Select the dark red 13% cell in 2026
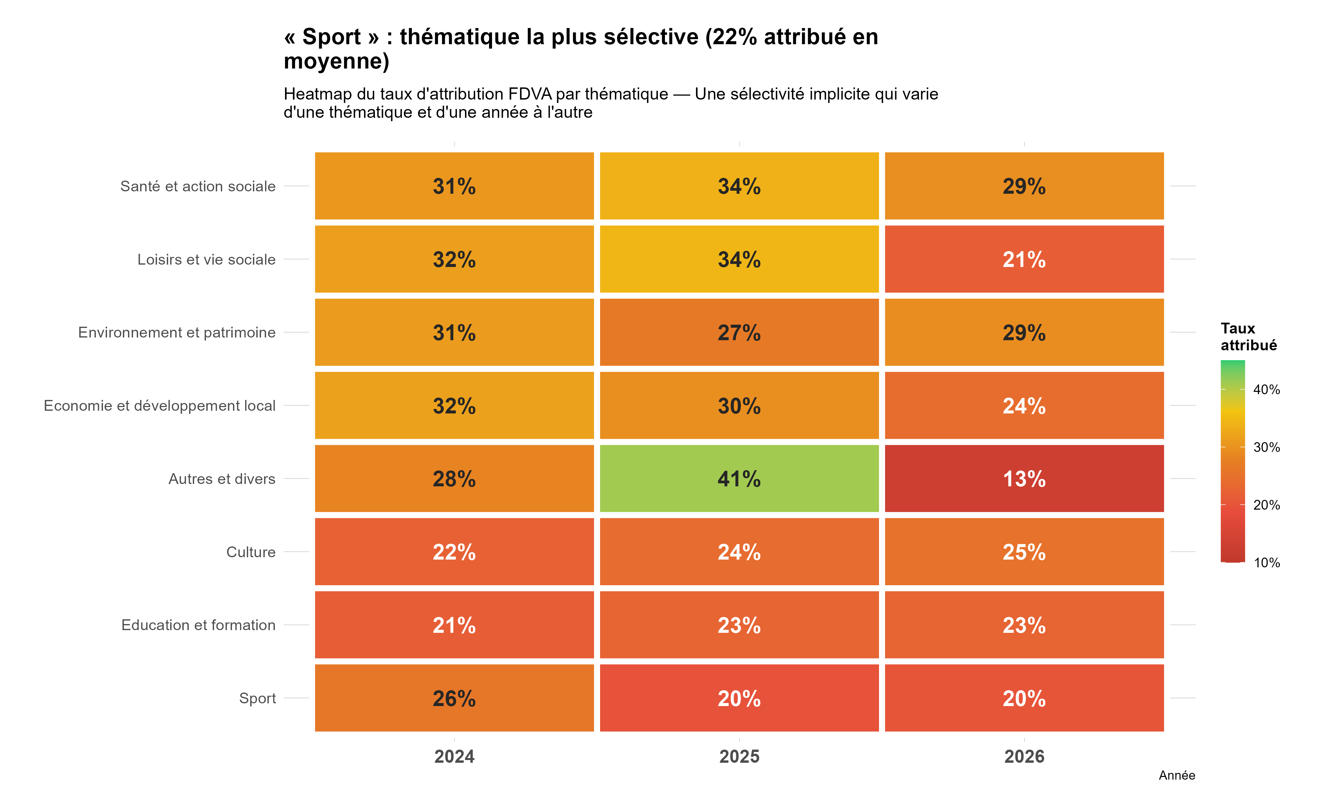(1024, 478)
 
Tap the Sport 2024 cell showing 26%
(454, 698)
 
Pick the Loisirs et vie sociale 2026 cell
(1024, 259)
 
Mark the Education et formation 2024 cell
(454, 625)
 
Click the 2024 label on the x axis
(454, 756)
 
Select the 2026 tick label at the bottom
(1024, 756)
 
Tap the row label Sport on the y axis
(257, 698)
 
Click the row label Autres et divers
(222, 478)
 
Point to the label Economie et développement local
(160, 406)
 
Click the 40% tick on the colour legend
(1266, 389)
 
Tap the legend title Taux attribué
(1248, 336)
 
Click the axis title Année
(1177, 775)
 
